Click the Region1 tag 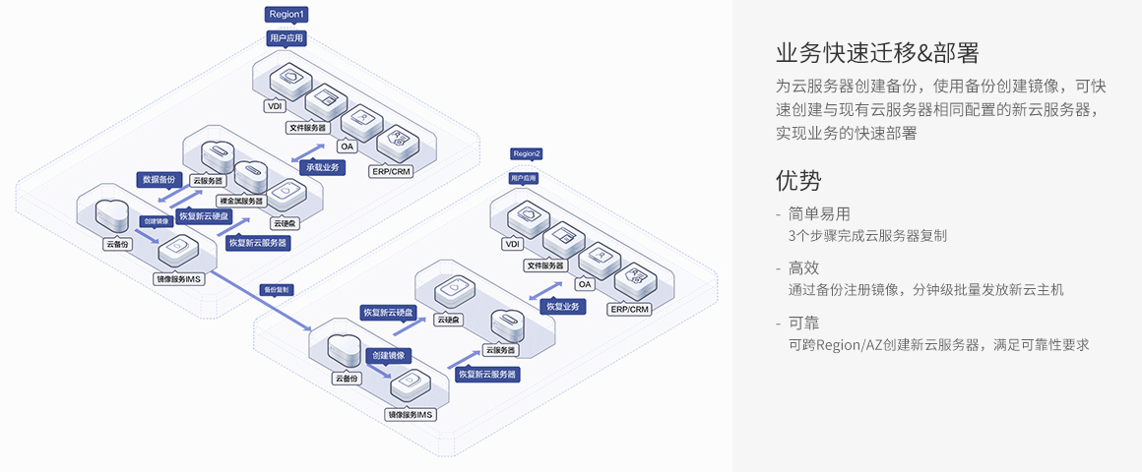[287, 15]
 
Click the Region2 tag [527, 153]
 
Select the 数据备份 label [159, 180]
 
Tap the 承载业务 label [322, 167]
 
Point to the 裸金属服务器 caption [241, 201]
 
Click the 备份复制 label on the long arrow [276, 290]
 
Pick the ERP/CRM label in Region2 [630, 309]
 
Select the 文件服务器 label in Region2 [545, 265]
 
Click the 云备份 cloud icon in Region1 [112, 211]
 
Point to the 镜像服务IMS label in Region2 [411, 415]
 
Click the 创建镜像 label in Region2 [389, 355]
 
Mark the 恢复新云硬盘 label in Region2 [389, 313]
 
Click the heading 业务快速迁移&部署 [876, 52]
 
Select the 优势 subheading [797, 181]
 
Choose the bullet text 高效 [803, 267]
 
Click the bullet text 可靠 [803, 323]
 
